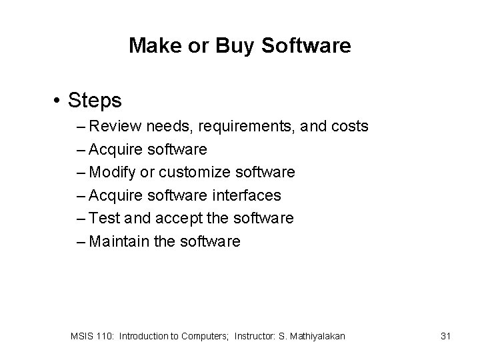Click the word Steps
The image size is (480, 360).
95,101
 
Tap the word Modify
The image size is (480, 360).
113,172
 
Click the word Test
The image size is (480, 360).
101,218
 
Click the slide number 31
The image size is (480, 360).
446,336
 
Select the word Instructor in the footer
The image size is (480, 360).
257,336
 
